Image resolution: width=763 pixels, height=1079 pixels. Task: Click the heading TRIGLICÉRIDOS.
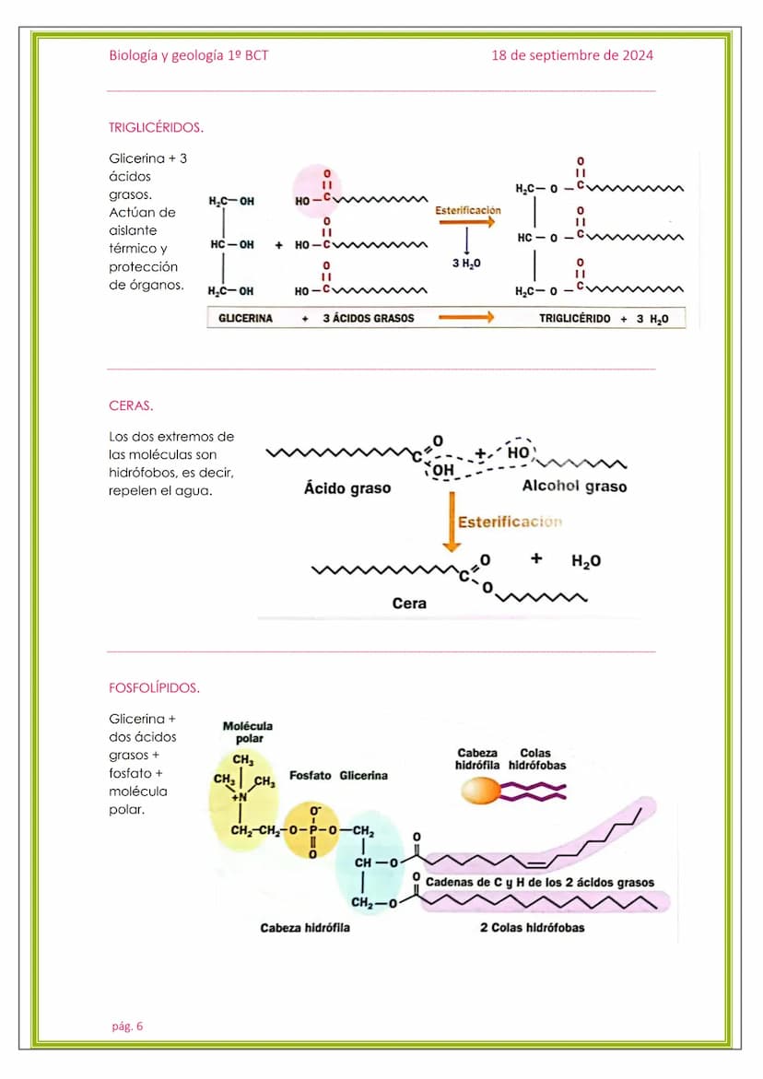click(156, 127)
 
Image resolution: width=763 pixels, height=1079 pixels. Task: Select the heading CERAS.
click(131, 405)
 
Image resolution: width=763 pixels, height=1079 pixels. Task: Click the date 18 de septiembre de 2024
click(572, 55)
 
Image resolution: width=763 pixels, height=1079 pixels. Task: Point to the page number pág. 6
click(127, 1026)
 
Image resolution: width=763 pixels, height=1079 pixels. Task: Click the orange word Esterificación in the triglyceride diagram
click(468, 210)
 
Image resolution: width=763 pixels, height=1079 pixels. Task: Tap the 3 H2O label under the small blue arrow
click(466, 264)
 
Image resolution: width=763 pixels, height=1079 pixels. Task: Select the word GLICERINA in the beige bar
click(245, 318)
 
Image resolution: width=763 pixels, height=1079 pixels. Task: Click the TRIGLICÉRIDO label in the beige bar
click(574, 318)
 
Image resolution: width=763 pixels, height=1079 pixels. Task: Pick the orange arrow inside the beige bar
click(465, 318)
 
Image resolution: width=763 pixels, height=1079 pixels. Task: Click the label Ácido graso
click(347, 488)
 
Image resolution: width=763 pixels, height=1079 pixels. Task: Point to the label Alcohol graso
click(574, 486)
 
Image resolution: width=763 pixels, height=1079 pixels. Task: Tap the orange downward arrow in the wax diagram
click(452, 522)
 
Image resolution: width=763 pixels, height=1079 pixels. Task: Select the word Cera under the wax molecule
click(409, 604)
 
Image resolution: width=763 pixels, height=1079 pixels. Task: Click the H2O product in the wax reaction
click(586, 561)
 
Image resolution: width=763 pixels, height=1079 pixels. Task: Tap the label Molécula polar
click(248, 733)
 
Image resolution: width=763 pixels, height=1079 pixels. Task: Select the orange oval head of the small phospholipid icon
click(479, 791)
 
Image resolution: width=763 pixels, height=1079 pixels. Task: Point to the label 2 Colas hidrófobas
click(532, 928)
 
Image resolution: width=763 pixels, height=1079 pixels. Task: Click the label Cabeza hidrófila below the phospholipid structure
click(305, 928)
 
